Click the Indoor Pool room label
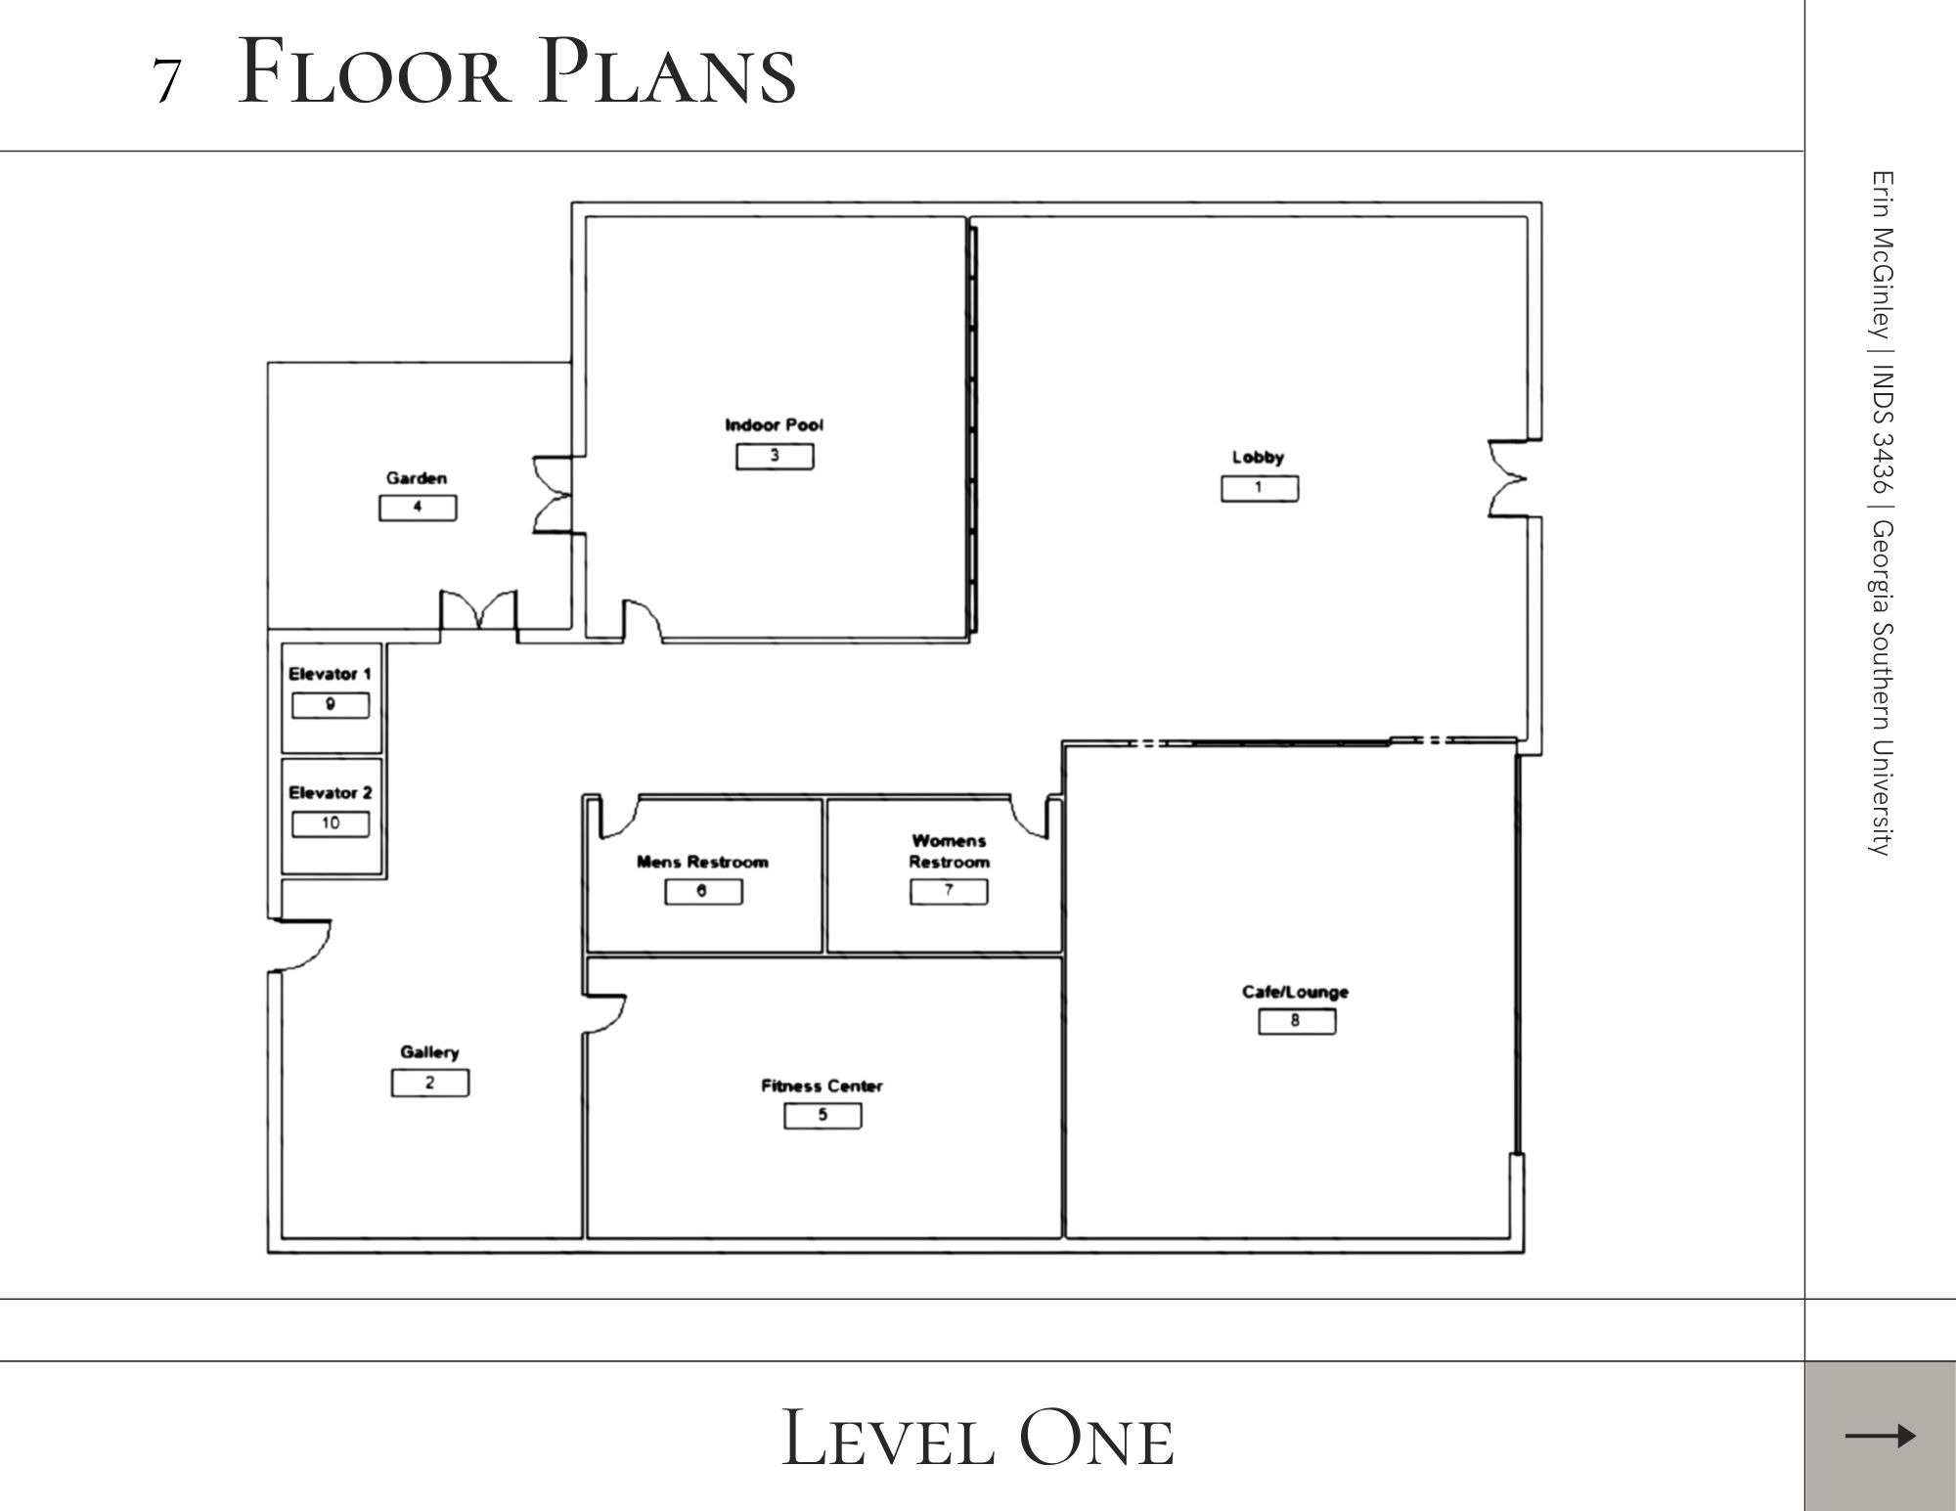(774, 425)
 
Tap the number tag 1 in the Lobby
(1260, 488)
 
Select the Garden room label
(417, 478)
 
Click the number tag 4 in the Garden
(418, 508)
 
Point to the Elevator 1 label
(330, 674)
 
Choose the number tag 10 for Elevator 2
(331, 823)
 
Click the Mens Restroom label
(702, 862)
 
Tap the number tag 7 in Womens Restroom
(949, 891)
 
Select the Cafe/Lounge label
(1295, 992)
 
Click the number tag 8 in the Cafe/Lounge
(1297, 1021)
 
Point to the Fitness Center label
(822, 1086)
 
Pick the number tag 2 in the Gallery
(430, 1083)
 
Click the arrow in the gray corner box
(1880, 1436)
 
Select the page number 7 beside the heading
(167, 81)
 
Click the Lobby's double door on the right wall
(1508, 478)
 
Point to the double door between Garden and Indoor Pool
(553, 495)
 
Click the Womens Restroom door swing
(1030, 817)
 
